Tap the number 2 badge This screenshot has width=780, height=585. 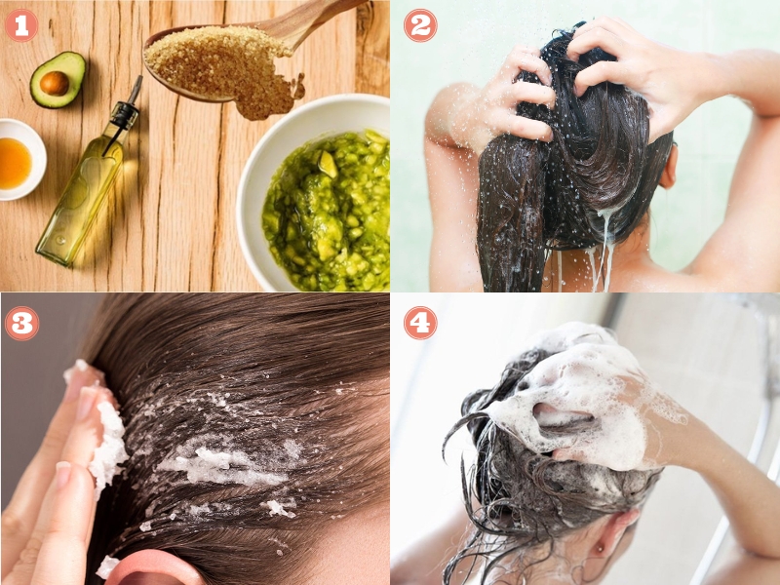[x=420, y=24]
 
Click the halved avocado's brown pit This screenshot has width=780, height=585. [x=55, y=84]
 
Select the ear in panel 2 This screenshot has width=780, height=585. [x=668, y=166]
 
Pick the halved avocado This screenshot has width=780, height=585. [x=57, y=80]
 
